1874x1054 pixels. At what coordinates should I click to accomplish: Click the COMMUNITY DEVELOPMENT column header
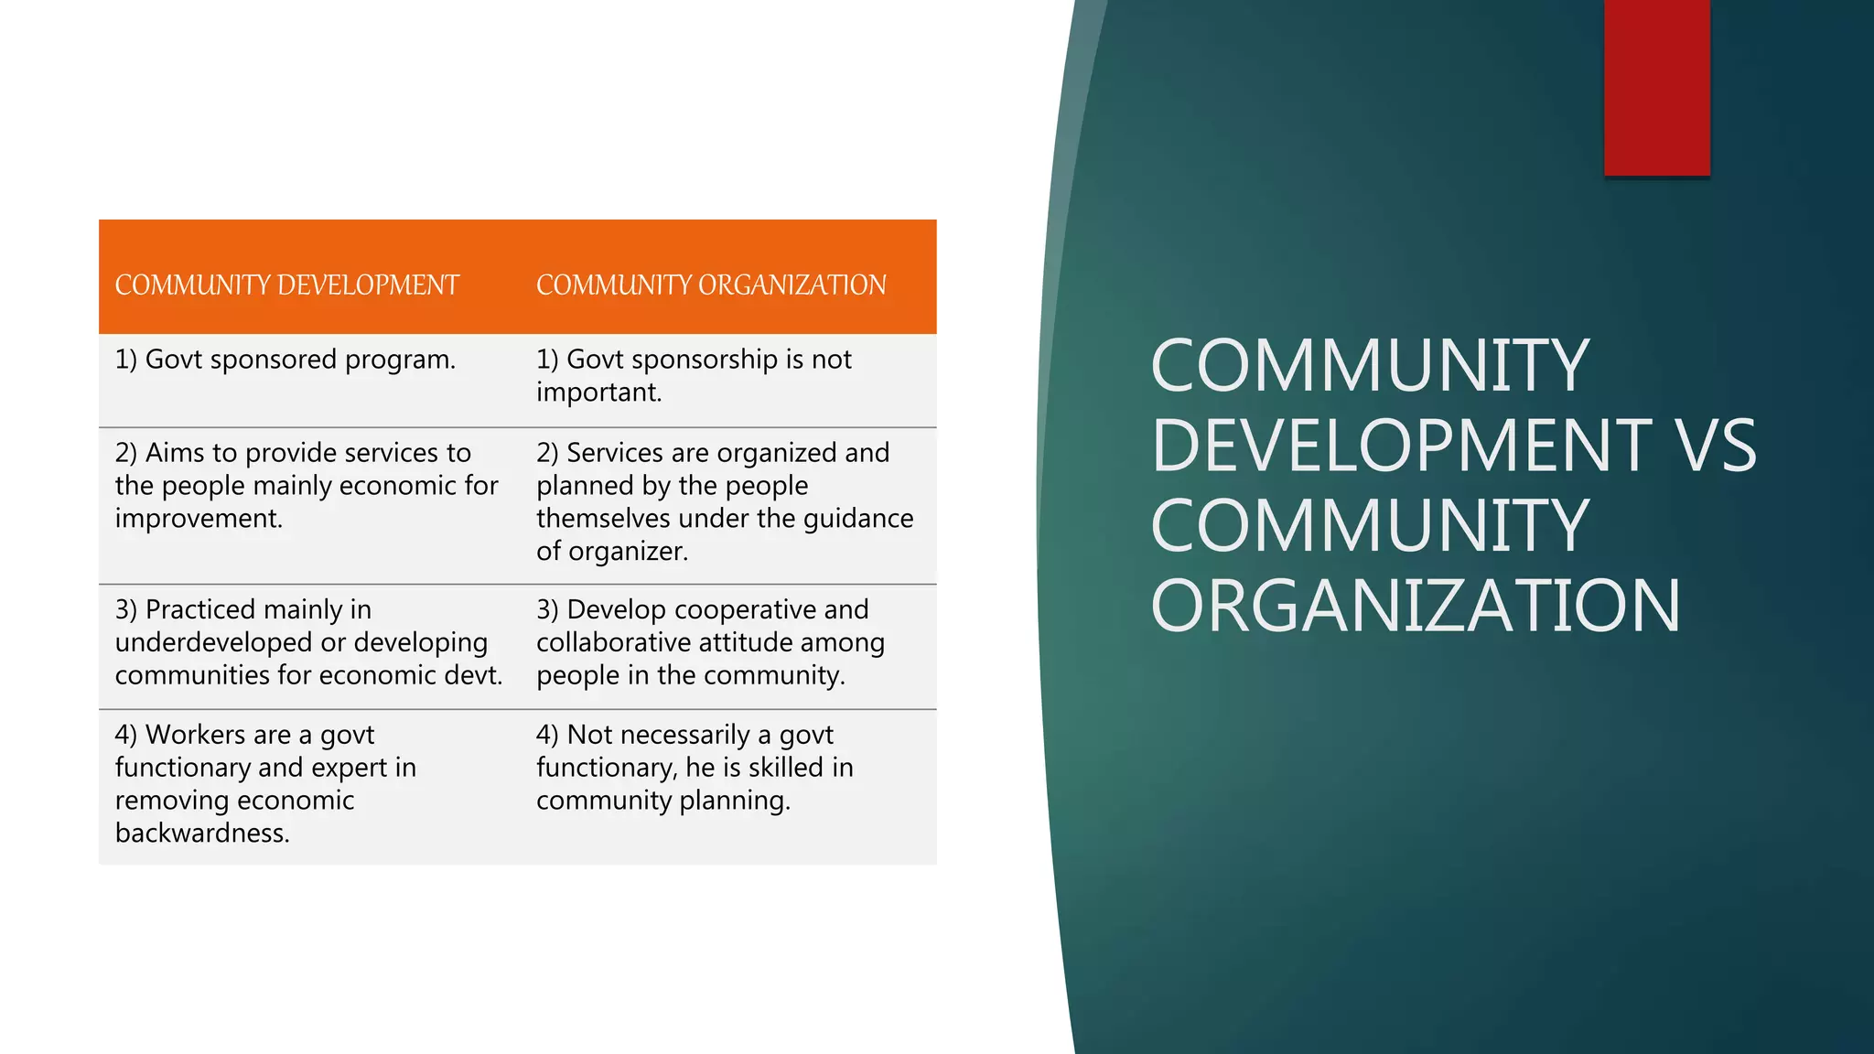coord(286,285)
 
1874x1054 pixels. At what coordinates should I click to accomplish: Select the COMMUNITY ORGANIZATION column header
coord(711,285)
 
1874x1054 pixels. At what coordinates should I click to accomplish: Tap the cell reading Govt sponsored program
coord(285,360)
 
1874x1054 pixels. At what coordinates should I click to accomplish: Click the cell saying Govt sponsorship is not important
coord(694,375)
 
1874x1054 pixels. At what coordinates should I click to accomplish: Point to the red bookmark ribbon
coord(1656,87)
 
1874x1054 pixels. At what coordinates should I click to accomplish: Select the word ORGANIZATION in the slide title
coord(1415,606)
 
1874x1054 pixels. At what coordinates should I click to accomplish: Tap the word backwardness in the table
coord(202,834)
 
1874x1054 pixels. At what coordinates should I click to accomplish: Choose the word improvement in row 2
coord(199,519)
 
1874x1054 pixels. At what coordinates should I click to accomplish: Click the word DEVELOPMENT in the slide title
coord(1401,446)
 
